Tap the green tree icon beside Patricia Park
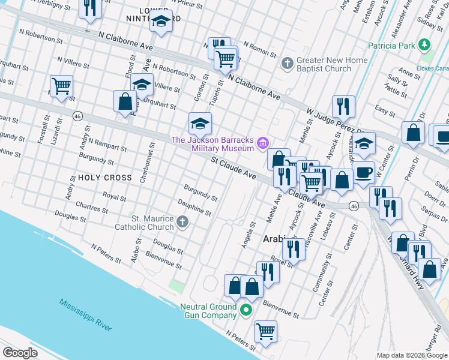pos(425,45)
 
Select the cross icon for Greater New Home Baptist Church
pos(287,63)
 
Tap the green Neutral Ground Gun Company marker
pos(245,310)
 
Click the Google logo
pos(20,353)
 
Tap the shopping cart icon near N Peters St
pos(265,330)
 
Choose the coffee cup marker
pos(364,172)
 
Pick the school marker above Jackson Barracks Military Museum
pos(200,123)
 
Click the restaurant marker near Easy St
pos(343,106)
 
